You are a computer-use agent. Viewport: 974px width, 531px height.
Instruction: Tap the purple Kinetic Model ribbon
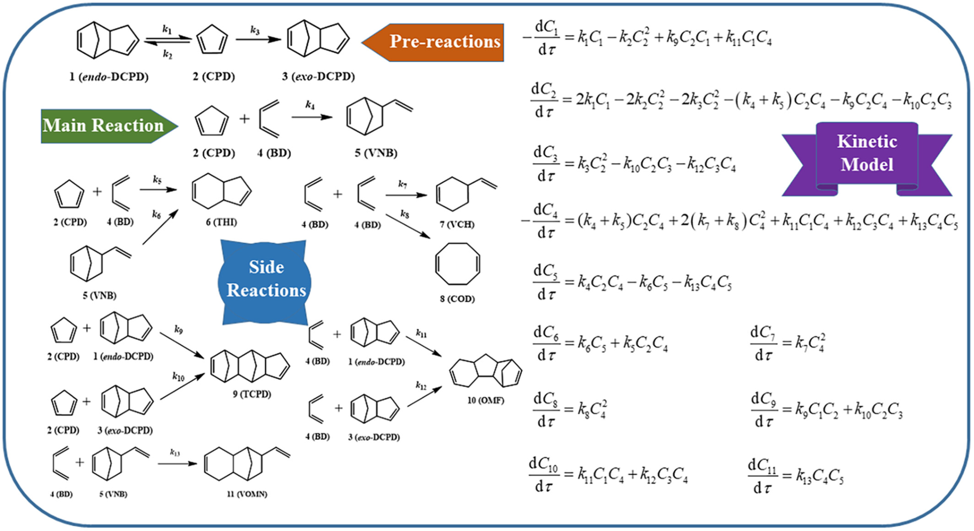pos(866,153)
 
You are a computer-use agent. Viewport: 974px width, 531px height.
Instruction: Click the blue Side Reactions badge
pos(265,279)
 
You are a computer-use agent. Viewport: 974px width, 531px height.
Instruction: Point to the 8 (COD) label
pos(457,299)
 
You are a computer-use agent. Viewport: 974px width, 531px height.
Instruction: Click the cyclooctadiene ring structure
pos(457,264)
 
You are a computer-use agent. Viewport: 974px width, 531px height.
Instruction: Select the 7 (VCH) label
pos(457,224)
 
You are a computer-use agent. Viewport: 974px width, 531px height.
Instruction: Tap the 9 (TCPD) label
pos(252,394)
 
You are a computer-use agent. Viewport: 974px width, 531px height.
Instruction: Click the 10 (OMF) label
pos(485,401)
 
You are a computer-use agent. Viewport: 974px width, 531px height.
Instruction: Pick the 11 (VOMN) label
pos(247,494)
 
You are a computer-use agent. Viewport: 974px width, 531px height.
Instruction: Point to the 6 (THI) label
pos(221,222)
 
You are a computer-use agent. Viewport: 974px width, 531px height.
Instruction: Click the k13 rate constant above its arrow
pos(175,453)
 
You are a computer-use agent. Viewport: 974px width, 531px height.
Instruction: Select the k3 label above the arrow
pos(255,30)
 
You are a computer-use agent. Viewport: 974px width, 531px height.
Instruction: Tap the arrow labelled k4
pos(312,117)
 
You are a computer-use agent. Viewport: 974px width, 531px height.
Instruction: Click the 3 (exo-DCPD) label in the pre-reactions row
pos(318,76)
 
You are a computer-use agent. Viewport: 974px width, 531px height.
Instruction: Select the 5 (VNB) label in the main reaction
pos(376,153)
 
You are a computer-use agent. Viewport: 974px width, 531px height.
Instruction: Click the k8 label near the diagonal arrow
pos(405,214)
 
